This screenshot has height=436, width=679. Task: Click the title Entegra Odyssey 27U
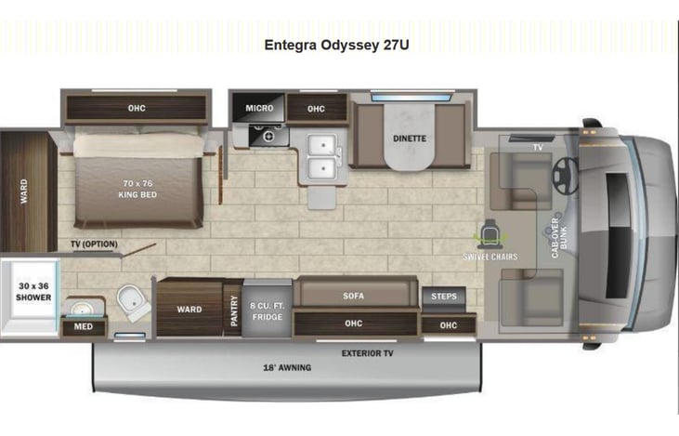point(336,45)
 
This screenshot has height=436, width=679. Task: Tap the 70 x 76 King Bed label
point(137,189)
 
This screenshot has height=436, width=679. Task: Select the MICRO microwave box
point(258,108)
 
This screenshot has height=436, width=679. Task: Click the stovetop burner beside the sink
point(268,136)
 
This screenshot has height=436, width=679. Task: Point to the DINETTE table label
point(410,139)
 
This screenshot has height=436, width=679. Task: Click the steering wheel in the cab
point(565,176)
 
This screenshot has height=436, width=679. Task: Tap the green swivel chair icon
point(490,234)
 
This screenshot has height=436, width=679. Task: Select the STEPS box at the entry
point(444,297)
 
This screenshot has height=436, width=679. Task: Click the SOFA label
point(353,296)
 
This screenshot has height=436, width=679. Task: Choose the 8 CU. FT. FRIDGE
point(267,308)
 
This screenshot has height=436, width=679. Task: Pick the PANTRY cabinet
point(233,310)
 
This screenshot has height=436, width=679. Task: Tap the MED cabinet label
point(84,327)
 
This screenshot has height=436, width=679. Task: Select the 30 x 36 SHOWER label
point(33,292)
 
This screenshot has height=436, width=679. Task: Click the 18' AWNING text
point(287,368)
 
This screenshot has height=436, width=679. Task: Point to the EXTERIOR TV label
point(367,353)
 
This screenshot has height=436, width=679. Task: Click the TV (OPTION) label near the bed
point(94,244)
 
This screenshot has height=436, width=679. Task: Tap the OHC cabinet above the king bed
point(136,108)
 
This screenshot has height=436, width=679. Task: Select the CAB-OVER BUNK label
point(558,238)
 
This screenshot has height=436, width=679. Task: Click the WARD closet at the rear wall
point(26,192)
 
